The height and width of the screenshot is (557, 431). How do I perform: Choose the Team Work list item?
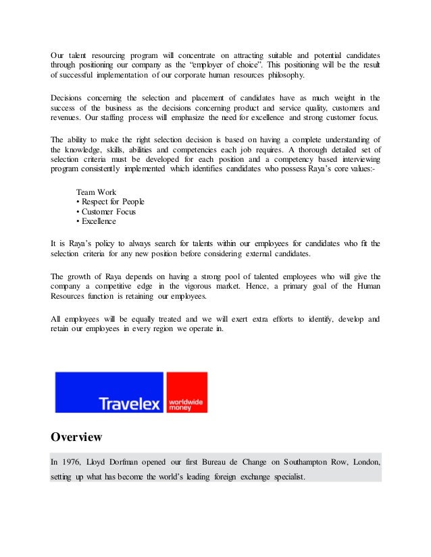click(x=96, y=192)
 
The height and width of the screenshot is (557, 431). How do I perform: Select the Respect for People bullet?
click(x=111, y=202)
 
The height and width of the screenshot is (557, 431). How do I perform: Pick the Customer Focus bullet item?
click(x=106, y=211)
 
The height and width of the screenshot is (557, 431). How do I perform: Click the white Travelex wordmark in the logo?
click(x=130, y=403)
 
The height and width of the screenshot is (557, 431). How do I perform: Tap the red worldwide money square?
click(x=186, y=392)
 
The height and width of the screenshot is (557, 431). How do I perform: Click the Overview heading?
click(x=76, y=437)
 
